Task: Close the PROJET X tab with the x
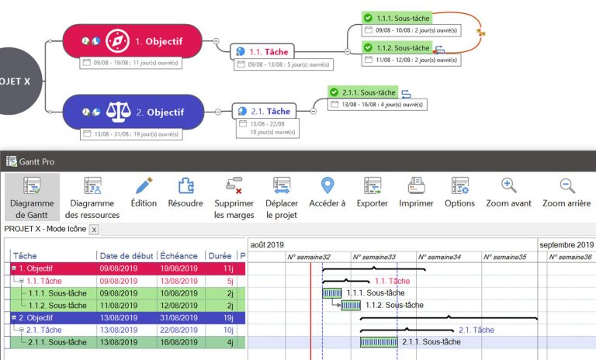(94, 230)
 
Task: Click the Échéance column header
(178, 255)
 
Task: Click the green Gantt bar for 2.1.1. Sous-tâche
(379, 342)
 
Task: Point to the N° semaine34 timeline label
(439, 257)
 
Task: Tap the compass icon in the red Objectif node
(116, 40)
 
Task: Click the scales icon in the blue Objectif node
(116, 112)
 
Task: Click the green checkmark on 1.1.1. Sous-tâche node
(368, 17)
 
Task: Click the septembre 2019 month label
(566, 244)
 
